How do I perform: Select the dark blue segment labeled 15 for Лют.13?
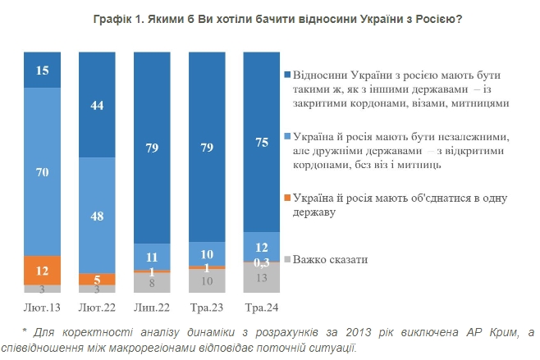click(43, 70)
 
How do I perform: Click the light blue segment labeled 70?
click(43, 171)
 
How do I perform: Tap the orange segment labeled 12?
click(43, 270)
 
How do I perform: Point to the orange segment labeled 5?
click(97, 279)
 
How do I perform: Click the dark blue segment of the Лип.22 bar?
click(152, 148)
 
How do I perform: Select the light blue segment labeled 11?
click(152, 257)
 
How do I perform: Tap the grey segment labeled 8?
click(152, 283)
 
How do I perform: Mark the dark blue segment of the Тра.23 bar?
click(207, 148)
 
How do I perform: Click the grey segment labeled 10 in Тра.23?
click(207, 281)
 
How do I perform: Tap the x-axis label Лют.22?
click(97, 306)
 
